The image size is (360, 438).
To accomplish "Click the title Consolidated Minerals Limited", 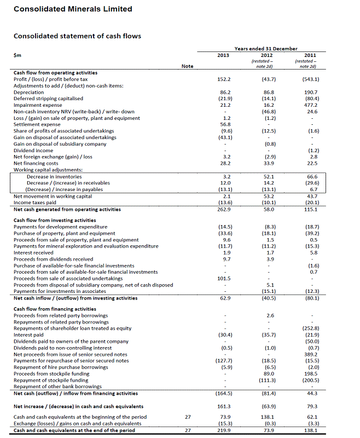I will click(x=73, y=9).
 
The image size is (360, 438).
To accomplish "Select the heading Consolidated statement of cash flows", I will click(x=77, y=36).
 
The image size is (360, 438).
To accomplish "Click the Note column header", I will click(x=188, y=67).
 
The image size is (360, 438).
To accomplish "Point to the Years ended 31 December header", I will click(x=266, y=49).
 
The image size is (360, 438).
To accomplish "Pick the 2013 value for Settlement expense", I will click(x=224, y=124).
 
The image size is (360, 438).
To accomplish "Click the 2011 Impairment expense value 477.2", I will click(x=310, y=105).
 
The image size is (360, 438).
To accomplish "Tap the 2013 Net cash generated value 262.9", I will click(x=224, y=209).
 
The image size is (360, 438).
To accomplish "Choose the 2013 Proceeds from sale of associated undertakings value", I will click(x=224, y=278).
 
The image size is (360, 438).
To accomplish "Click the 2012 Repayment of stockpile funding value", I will click(x=266, y=380).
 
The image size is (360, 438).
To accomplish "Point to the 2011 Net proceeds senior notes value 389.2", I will click(x=310, y=354).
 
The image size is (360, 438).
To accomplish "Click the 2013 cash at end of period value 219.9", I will click(x=224, y=430).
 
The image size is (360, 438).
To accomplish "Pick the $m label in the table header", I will click(x=18, y=55).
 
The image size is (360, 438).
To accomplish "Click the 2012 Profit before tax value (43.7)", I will click(x=266, y=79).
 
